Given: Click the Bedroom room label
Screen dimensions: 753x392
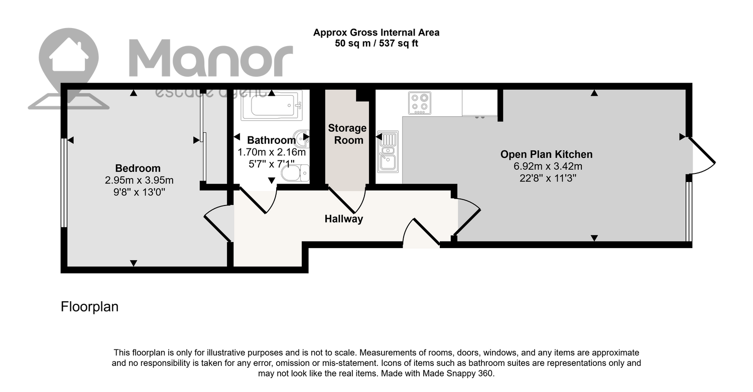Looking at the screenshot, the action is coord(138,168).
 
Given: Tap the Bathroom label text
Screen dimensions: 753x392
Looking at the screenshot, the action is coord(271,140).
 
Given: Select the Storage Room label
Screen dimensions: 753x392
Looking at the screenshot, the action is coord(347,134).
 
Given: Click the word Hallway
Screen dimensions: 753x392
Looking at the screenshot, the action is coord(343,219).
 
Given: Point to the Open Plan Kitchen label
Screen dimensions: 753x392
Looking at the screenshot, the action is coord(546,154).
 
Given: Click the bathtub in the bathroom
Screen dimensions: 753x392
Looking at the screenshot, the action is coord(272,105).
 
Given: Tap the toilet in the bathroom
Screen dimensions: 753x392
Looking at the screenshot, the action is coord(295,173).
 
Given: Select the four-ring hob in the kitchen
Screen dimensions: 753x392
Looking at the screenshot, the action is coord(420,103).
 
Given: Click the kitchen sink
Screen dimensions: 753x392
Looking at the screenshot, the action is coord(388,152).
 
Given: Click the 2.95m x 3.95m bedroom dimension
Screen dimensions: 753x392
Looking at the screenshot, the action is coord(139,180).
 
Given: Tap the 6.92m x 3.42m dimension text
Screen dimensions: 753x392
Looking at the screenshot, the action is coord(548,166).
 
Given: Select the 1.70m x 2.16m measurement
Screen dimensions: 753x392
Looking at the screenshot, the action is coord(272,152).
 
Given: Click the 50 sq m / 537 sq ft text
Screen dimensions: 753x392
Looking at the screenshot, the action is coord(376,43).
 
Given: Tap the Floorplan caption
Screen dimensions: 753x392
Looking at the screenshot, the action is coord(89,307).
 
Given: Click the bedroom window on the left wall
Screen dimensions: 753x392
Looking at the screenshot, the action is coord(63,183).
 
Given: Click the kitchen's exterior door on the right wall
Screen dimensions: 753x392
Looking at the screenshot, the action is coord(702,156).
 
